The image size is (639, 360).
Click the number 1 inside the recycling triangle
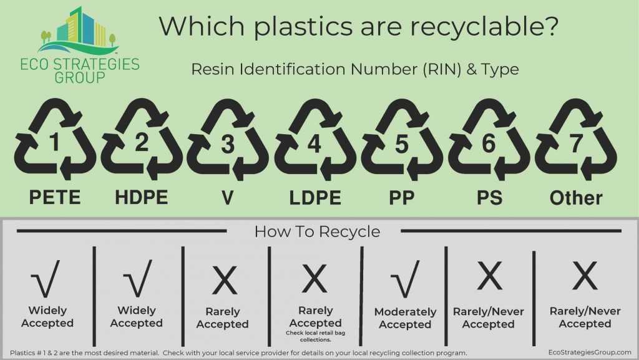(54, 144)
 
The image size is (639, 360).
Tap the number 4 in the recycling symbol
(314, 144)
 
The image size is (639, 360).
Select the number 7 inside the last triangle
(575, 144)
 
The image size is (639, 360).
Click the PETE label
(54, 198)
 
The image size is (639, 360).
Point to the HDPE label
(142, 198)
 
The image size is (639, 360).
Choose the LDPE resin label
(315, 198)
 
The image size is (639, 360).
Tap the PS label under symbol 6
(489, 198)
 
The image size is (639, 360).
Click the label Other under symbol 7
(575, 198)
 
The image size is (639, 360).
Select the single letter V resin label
(228, 198)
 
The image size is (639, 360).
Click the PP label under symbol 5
(402, 198)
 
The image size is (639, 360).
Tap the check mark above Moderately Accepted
(404, 281)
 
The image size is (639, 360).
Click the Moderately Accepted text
(405, 318)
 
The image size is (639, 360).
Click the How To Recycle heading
(317, 232)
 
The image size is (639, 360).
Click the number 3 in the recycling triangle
(228, 144)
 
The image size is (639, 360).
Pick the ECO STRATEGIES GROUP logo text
(79, 71)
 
